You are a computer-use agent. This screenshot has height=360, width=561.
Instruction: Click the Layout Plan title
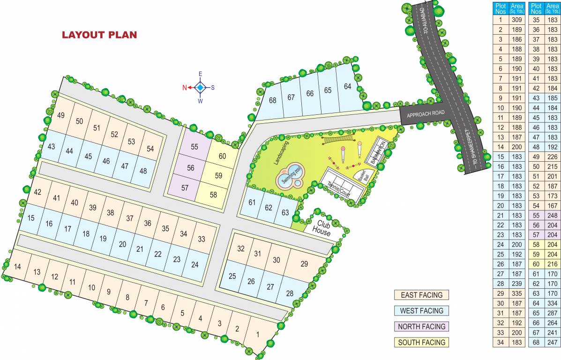99,35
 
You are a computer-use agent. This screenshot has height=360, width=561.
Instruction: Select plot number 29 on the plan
304,264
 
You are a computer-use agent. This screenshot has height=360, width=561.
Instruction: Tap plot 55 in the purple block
194,147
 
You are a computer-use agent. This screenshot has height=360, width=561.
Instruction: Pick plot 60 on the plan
223,156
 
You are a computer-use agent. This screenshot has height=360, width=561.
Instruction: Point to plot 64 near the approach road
347,87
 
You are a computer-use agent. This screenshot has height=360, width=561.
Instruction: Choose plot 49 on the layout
60,116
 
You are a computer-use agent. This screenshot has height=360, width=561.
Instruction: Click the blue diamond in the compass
200,87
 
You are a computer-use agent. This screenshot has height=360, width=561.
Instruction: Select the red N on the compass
185,88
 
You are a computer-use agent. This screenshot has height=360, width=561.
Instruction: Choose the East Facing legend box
421,295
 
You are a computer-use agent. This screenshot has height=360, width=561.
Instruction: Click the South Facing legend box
421,342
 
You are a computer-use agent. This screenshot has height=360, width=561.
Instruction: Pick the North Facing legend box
421,326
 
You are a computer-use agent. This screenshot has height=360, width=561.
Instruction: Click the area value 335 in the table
517,293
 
